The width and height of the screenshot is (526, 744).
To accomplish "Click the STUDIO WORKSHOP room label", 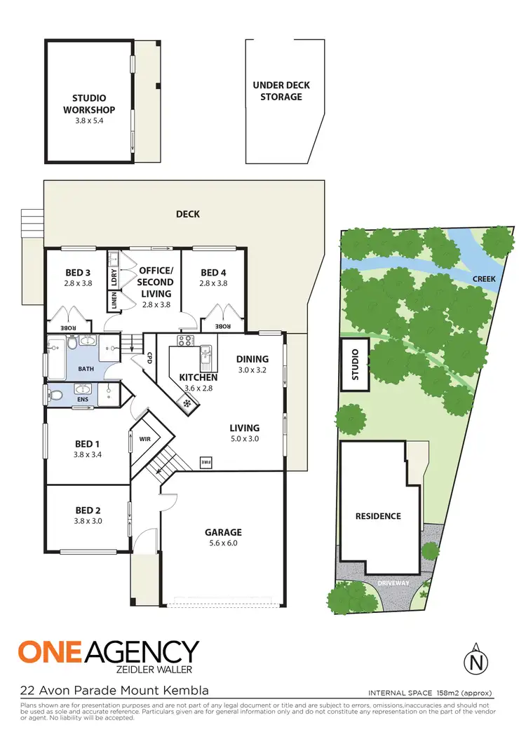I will [89, 104].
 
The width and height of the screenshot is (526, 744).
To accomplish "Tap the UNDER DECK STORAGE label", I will [281, 91].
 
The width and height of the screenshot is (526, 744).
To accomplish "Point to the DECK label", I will [187, 214].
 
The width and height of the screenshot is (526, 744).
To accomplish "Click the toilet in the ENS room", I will [58, 395].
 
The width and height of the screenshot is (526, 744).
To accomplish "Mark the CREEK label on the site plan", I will [484, 278].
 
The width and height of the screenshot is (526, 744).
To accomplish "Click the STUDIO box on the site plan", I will [354, 364].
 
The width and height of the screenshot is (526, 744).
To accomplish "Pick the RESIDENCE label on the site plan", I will [377, 516].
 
